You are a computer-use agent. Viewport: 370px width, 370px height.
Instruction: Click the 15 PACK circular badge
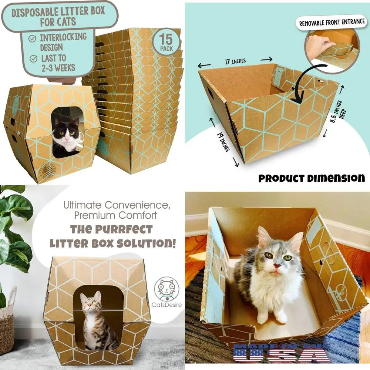tap(166, 43)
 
